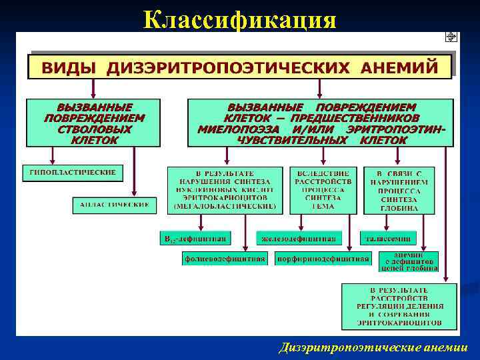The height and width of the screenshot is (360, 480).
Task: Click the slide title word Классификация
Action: tap(239, 20)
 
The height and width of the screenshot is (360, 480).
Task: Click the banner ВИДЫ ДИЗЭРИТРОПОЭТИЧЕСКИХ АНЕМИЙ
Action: tap(240, 67)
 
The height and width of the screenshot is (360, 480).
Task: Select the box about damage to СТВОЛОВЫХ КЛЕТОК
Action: tap(93, 123)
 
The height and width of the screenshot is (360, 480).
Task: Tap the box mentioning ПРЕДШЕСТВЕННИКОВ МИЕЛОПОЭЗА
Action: tap(321, 123)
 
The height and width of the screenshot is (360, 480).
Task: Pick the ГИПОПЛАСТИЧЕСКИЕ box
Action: tap(73, 173)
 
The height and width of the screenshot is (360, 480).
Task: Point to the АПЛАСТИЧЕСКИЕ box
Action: tap(115, 205)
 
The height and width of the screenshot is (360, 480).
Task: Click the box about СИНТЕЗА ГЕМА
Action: tap(323, 190)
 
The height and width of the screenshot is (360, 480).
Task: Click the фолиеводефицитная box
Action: tap(225, 259)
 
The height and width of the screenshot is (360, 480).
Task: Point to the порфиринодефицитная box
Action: tap(323, 259)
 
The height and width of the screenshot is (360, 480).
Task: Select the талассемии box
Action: tap(388, 238)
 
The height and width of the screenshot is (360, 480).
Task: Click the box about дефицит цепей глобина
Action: tap(409, 261)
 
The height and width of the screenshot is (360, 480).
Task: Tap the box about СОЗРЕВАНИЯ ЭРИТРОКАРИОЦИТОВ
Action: tap(399, 307)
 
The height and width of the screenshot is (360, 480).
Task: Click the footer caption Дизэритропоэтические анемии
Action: tap(374, 347)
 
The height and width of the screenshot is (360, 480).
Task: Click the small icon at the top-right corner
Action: tap(451, 37)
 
